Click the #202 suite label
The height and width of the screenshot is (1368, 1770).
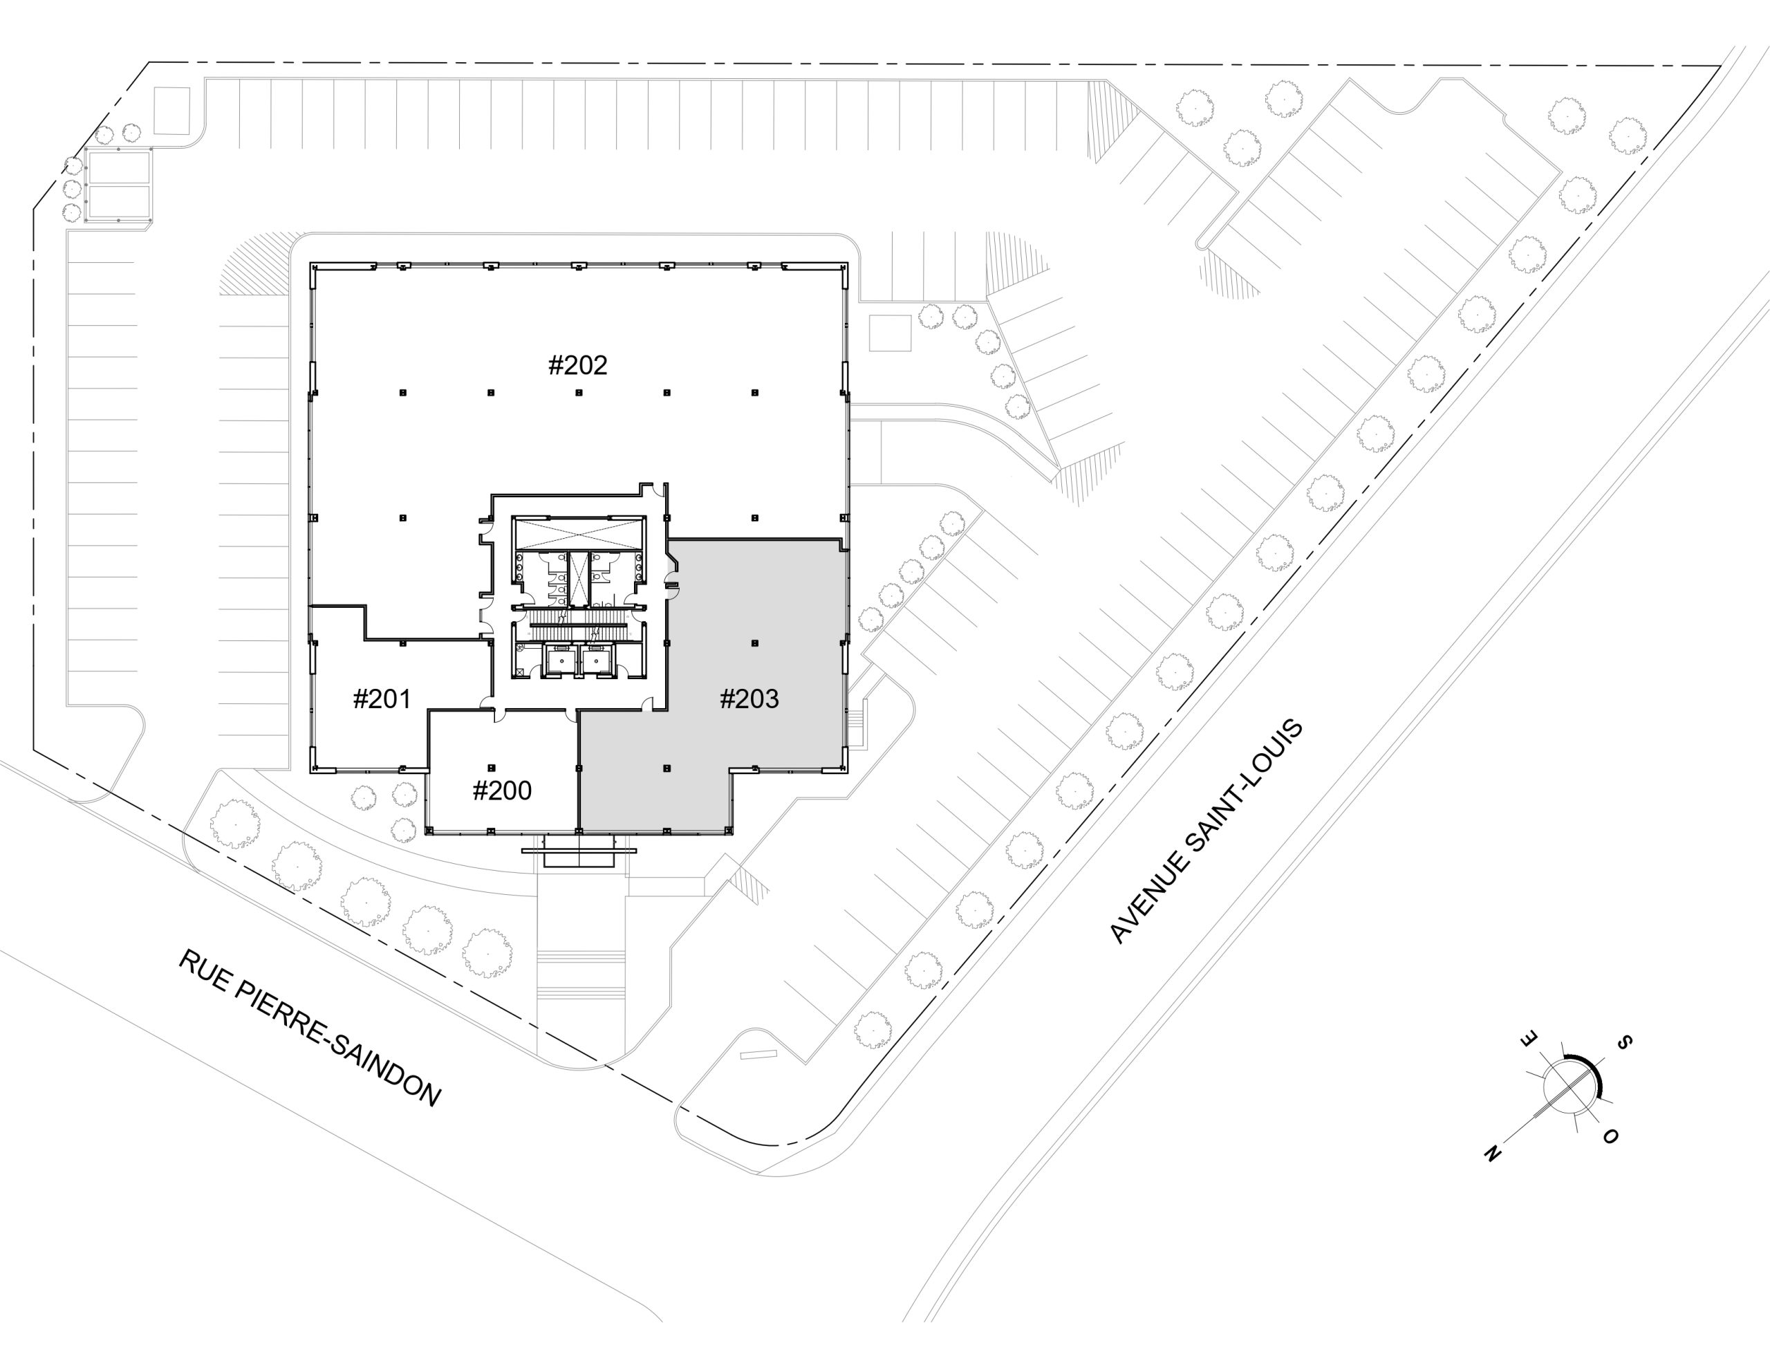578,366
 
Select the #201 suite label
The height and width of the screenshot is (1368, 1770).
382,699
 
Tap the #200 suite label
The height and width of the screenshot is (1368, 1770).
502,791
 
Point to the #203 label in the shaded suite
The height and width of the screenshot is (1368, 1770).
749,699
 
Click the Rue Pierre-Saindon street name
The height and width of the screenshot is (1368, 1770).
310,1029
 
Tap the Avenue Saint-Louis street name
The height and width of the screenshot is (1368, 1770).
1206,831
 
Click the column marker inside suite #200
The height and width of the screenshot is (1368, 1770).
491,767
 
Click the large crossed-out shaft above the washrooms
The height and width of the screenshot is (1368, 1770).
577,535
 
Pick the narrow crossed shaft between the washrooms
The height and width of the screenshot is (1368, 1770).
578,578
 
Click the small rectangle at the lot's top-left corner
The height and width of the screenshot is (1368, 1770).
171,111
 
